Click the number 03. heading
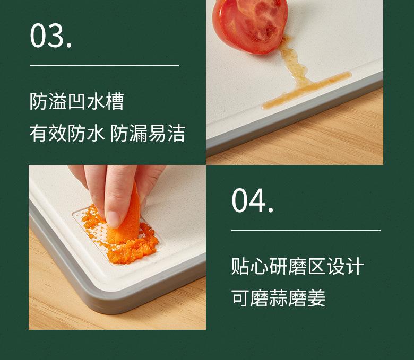(51, 36)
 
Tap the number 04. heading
(253, 201)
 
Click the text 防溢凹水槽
(77, 101)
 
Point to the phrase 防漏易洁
(148, 133)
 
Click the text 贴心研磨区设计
(297, 266)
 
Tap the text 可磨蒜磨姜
(279, 298)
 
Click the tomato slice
(250, 24)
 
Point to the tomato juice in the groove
(305, 90)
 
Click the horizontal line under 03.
(104, 66)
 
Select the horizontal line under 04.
(306, 231)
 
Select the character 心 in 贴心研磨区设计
(258, 266)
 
